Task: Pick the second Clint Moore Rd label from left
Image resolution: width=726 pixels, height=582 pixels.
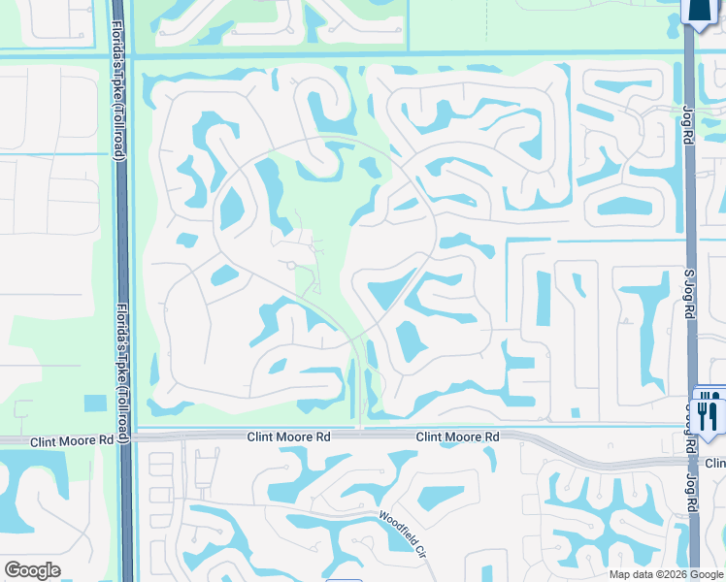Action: (x=288, y=437)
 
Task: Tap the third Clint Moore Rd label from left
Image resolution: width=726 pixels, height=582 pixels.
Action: (x=457, y=437)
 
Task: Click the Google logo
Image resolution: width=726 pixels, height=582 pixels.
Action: (x=32, y=570)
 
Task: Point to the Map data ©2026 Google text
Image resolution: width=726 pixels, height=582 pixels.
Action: (x=665, y=574)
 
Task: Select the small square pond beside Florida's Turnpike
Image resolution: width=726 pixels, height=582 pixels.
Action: (x=95, y=403)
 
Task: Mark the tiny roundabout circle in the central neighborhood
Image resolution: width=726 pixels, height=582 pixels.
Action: (x=289, y=264)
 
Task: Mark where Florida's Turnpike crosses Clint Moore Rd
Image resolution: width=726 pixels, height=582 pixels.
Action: (x=124, y=438)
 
